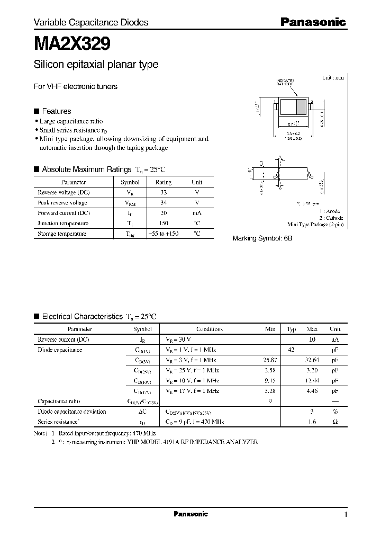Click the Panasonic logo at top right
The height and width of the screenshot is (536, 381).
point(313,22)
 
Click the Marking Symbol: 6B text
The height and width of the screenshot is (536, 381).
point(262,238)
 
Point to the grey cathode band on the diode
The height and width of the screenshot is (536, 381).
point(301,108)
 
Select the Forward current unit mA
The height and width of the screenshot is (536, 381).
point(197,213)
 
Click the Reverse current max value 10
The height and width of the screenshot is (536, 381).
point(312,339)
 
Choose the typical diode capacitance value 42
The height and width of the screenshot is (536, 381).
point(291,350)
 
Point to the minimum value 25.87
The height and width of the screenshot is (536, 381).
point(269,360)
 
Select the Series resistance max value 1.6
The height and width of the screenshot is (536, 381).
point(312,422)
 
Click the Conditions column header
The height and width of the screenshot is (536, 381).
point(210,329)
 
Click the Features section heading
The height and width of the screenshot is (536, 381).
point(56,111)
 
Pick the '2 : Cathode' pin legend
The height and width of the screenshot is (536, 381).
point(332,218)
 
